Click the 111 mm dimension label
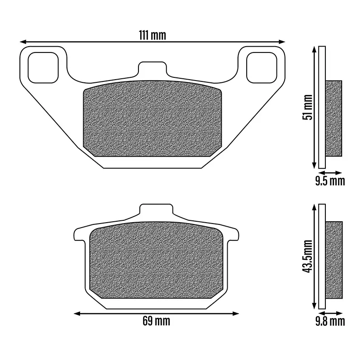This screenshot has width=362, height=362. (x=152, y=35)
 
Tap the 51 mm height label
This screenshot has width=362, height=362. (x=308, y=107)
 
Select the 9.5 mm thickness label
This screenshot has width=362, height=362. (x=330, y=181)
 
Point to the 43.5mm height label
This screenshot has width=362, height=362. (x=308, y=256)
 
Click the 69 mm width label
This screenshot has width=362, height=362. (x=156, y=321)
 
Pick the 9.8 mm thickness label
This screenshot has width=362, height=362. (x=330, y=321)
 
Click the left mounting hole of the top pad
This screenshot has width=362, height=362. (x=43, y=67)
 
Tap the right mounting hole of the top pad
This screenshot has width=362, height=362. (x=262, y=67)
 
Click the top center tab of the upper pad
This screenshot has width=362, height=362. (x=152, y=69)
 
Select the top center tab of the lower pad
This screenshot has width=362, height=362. (x=156, y=210)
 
